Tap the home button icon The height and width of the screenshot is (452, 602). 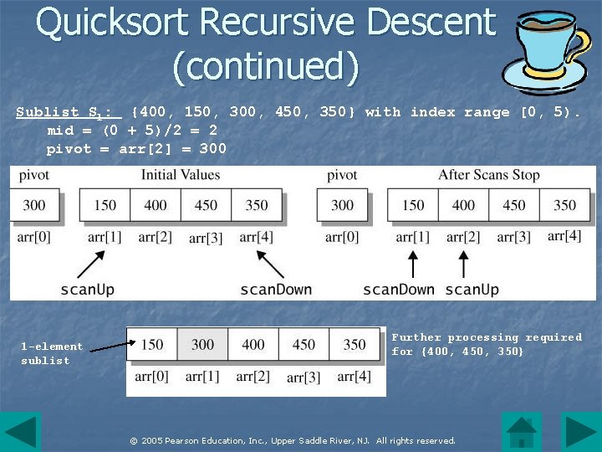point(522,432)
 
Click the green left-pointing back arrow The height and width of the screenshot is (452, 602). point(20,432)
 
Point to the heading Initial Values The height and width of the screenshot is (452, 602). point(180,175)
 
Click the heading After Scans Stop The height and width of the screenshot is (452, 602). point(489,175)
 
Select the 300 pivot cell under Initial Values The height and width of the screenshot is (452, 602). point(34,205)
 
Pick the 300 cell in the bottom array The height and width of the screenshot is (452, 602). point(203,344)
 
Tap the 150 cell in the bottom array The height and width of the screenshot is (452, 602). point(152,344)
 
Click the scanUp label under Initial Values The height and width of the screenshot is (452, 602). point(88,290)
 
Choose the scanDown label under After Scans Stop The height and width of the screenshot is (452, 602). point(398,290)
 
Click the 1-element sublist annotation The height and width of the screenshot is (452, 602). point(52,353)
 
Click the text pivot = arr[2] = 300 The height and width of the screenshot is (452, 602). point(136,149)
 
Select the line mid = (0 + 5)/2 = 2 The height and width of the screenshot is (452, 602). point(132,131)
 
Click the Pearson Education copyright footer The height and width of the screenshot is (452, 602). point(292,440)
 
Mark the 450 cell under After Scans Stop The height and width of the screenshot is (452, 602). point(514,205)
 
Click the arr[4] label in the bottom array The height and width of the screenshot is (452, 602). point(355,377)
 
